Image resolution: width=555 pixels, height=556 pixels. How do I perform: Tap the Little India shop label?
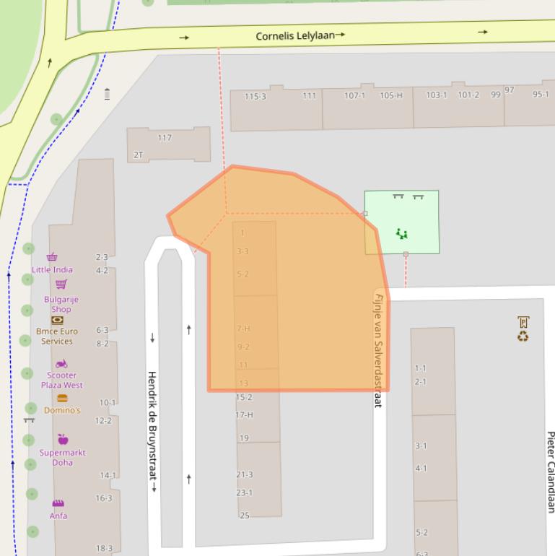52,269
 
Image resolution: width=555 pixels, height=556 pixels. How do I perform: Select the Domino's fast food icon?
62,398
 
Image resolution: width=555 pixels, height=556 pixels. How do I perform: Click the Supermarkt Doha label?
62,457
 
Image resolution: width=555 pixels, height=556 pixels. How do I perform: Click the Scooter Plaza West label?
61,380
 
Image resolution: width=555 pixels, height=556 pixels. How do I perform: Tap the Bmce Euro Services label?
56,336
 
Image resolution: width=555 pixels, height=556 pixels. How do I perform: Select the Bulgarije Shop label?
61,304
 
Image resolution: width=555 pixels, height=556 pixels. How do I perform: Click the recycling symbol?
523,336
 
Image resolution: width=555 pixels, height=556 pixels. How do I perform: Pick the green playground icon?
401,233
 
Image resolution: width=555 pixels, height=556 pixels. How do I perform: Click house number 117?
165,137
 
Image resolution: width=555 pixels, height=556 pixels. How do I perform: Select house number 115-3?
255,96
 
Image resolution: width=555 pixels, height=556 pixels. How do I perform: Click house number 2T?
139,155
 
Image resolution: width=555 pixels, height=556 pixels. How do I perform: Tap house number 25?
245,515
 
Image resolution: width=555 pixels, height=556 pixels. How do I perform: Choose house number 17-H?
245,414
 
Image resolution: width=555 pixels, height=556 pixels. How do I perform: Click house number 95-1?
541,94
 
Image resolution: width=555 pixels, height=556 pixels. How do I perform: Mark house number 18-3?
104,548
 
